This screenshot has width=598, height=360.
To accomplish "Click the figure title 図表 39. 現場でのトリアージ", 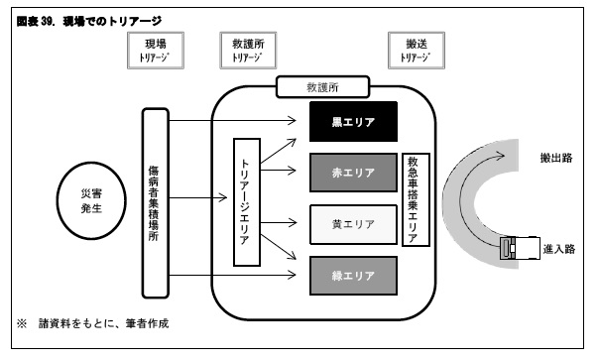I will pos(89,20).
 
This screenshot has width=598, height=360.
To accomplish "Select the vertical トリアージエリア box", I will pos(245,201).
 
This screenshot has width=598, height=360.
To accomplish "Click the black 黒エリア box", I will pos(353,122).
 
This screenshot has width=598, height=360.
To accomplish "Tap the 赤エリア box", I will pos(353,173).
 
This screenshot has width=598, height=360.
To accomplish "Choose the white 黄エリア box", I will pos(353,224).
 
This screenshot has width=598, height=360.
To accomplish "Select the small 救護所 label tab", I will pos(327,87).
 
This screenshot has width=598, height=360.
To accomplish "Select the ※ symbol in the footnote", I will pos(20,324).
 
